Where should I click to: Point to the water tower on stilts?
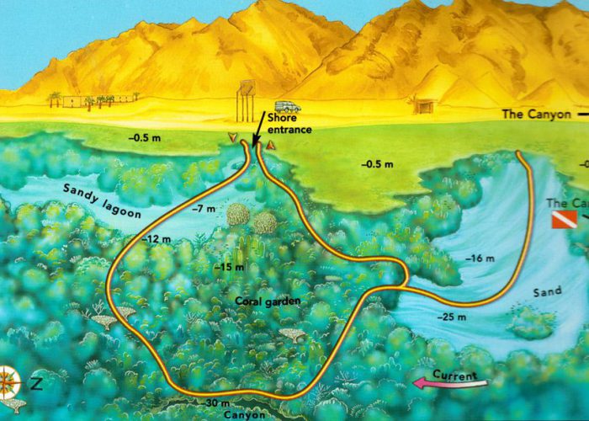247,99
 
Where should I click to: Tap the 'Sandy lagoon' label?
100,200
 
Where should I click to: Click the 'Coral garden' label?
258,301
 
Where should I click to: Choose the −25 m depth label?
451,317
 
